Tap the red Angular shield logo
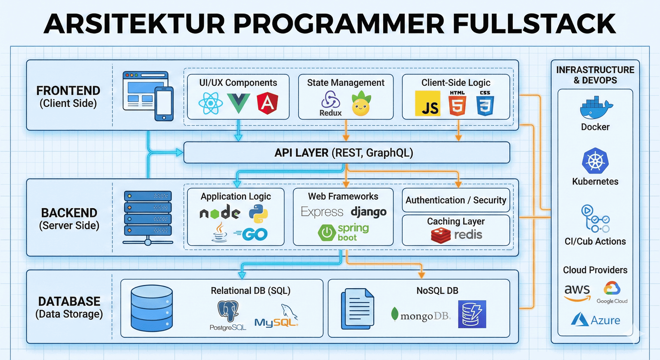click(x=267, y=103)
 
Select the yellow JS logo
click(x=427, y=104)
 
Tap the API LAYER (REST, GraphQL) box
click(x=346, y=153)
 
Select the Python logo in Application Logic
click(x=259, y=214)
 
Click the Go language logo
click(x=252, y=234)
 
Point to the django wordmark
click(x=368, y=212)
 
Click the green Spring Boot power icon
click(x=327, y=233)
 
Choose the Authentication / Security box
click(x=456, y=200)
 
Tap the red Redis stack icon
click(x=441, y=235)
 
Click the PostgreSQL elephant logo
click(x=228, y=311)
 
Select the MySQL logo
click(x=276, y=318)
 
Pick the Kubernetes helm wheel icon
click(x=595, y=161)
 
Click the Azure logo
click(x=595, y=320)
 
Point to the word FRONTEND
click(x=68, y=91)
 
